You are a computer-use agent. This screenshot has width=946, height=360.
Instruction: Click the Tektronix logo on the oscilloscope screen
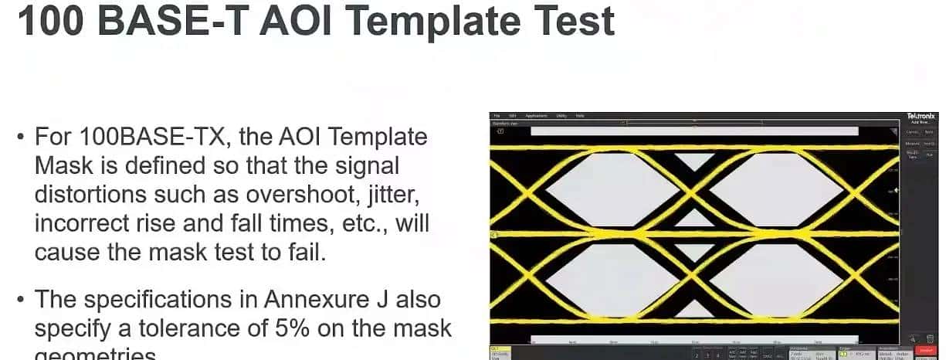[x=921, y=116]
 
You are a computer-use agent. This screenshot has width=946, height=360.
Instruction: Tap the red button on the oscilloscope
[x=925, y=351]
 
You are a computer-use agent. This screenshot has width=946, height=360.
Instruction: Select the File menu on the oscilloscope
[x=497, y=116]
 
